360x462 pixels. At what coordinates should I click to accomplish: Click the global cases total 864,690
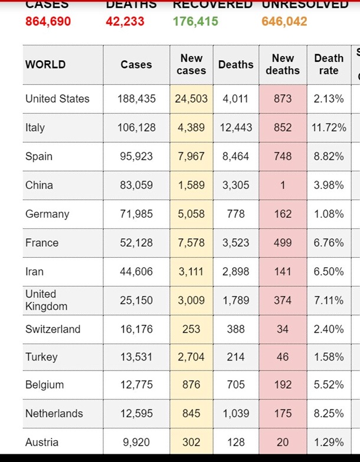click(x=48, y=22)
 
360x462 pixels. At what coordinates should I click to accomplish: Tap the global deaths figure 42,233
click(x=125, y=22)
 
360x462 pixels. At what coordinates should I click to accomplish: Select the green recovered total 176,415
click(x=195, y=22)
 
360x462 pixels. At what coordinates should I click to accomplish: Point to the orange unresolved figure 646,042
click(x=284, y=22)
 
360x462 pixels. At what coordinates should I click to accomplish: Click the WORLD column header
click(x=45, y=64)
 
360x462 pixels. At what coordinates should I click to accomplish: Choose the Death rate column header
click(x=329, y=64)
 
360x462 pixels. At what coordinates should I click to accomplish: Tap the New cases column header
click(x=191, y=64)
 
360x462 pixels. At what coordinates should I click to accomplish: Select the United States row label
click(x=57, y=99)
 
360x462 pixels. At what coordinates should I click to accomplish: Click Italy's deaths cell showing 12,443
click(x=235, y=127)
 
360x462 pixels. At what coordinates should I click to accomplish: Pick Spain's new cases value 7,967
click(x=191, y=156)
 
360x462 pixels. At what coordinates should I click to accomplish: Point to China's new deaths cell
click(x=283, y=185)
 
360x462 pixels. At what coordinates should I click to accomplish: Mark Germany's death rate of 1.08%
click(x=329, y=214)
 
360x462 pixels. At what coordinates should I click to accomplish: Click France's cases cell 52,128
click(x=136, y=243)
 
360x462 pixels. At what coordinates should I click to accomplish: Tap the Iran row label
click(x=34, y=271)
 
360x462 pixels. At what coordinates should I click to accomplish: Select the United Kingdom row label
click(x=46, y=300)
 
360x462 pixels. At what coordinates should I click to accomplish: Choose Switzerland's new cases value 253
click(x=191, y=329)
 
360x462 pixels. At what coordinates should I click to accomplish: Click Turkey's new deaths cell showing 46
click(x=283, y=356)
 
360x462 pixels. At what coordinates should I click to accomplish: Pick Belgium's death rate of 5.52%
click(x=329, y=385)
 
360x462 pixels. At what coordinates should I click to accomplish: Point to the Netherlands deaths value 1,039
click(x=235, y=414)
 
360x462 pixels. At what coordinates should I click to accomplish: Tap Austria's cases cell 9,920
click(x=136, y=442)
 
